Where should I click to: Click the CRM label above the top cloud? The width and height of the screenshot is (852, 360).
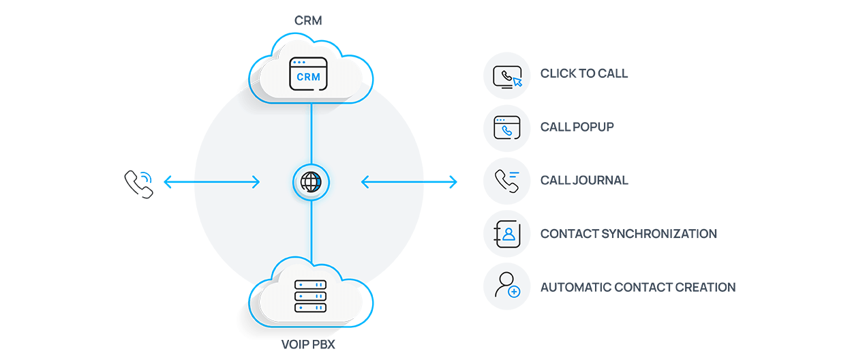point(308,20)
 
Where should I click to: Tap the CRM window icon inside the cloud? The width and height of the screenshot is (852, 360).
point(308,74)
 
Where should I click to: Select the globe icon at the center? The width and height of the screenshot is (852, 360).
point(311,182)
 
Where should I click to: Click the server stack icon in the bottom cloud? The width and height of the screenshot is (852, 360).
point(310,296)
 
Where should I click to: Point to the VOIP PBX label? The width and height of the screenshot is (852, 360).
point(308,345)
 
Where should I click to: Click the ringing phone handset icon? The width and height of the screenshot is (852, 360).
point(138,183)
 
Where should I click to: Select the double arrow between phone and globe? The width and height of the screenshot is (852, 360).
point(211,182)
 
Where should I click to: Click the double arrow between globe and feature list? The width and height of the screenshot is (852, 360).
point(409,181)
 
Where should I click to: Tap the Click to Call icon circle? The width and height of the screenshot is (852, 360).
point(506,74)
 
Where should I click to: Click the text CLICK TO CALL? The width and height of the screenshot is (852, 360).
point(584,74)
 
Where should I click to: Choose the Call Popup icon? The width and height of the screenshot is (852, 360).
point(506,127)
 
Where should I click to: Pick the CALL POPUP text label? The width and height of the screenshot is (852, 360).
point(577,127)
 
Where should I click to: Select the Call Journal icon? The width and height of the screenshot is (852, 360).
point(506,181)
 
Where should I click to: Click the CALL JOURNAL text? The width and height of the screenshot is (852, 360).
point(584,181)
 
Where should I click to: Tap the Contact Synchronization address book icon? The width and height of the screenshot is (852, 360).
point(506,234)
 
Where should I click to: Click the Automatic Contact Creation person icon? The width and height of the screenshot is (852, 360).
point(506,287)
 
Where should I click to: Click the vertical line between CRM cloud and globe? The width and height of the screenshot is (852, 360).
point(311,133)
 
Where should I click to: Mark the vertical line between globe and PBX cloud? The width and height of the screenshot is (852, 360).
point(311,232)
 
